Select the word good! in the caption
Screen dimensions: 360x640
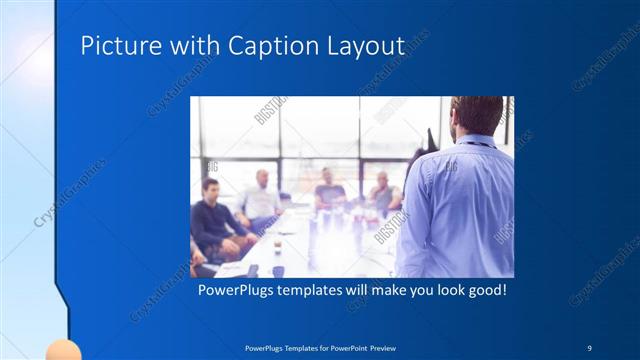click(x=483, y=292)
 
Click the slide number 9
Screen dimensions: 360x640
click(x=588, y=347)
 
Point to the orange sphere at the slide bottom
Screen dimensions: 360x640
click(x=63, y=350)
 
